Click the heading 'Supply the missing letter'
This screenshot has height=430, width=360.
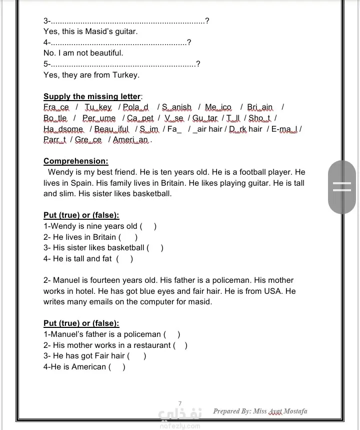(92, 97)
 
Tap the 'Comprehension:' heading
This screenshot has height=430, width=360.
(75, 161)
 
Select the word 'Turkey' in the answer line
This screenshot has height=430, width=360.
(126, 75)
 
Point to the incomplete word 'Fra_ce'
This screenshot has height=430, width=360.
(56, 107)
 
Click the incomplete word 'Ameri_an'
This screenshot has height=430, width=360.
(131, 140)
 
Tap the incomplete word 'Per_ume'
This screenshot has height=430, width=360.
(99, 118)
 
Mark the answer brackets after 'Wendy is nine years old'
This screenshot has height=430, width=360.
(148, 226)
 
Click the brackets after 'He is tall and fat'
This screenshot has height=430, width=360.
(124, 259)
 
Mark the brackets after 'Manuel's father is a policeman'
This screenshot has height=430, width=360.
(172, 334)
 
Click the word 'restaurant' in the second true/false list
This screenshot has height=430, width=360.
(151, 345)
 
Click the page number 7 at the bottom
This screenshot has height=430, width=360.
(180, 403)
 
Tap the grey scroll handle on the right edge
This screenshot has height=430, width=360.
(342, 187)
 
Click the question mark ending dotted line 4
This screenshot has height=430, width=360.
(188, 43)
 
